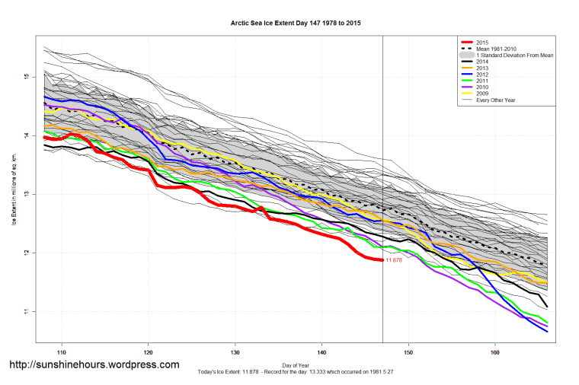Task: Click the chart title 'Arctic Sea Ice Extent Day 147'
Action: (296, 24)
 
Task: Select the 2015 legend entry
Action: (479, 41)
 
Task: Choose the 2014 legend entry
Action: (479, 63)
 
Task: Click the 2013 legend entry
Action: (479, 70)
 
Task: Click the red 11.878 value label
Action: (394, 260)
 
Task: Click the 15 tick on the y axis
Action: (26, 77)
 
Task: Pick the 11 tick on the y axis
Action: (26, 312)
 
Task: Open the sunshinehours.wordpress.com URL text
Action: (94, 364)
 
